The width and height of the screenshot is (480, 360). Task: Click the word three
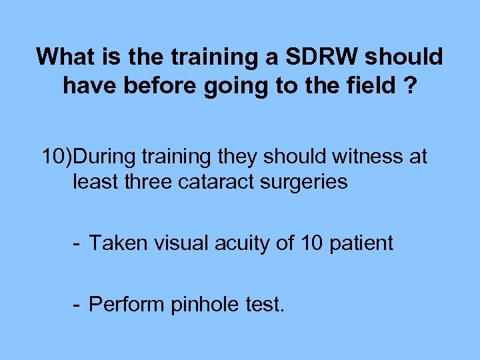coord(145,181)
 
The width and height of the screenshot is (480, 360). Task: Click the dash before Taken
coord(77,243)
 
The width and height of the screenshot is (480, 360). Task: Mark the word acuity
coord(241,243)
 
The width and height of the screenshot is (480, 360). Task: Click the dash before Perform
coord(77,304)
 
